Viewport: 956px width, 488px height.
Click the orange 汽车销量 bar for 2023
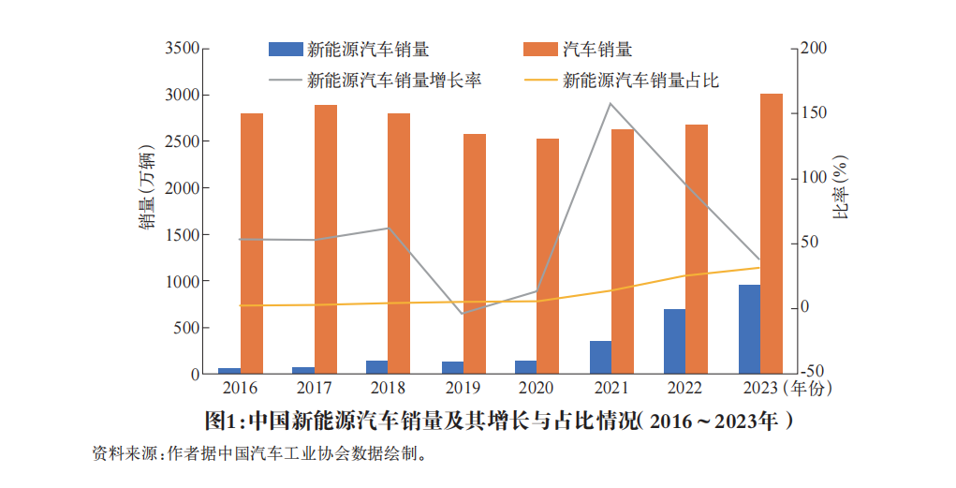pos(771,234)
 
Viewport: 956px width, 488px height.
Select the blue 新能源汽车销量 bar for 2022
pos(674,342)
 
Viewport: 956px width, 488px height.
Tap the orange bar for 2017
pos(326,240)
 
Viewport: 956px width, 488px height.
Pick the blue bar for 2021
pos(600,358)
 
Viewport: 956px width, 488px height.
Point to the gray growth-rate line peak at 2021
pos(610,104)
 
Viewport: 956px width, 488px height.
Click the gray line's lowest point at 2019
pos(463,313)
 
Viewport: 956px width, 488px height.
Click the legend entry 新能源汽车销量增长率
pos(393,81)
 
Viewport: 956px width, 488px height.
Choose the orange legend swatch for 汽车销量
pos(540,50)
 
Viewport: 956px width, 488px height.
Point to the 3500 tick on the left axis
pos(182,48)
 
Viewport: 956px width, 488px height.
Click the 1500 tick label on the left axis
pos(182,234)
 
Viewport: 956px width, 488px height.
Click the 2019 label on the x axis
pos(463,388)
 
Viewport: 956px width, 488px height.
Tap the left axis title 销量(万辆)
pos(147,188)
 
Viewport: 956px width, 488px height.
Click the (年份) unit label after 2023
pos(808,388)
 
